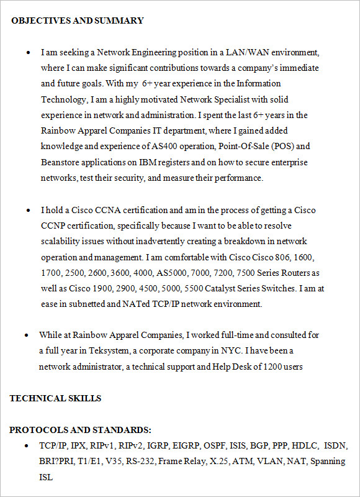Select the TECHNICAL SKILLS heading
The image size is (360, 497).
(55, 398)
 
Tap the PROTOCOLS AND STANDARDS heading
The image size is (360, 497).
(80, 430)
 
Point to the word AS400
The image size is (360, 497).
(166, 147)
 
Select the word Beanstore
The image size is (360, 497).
(61, 162)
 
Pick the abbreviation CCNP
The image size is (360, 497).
(54, 226)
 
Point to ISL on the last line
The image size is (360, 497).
(46, 477)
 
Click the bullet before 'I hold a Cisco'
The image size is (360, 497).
(29, 211)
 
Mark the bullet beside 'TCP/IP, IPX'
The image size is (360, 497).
(26, 446)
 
